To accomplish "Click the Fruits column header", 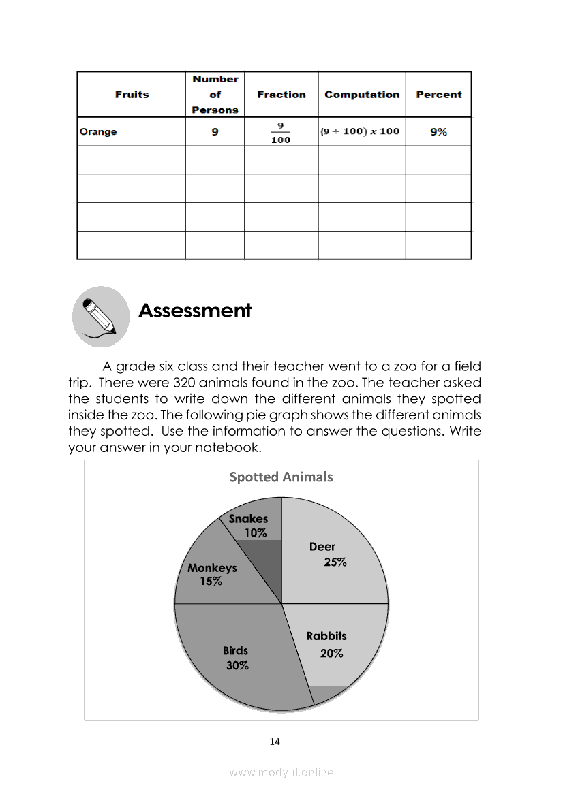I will pyautogui.click(x=132, y=95).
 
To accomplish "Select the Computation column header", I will pyautogui.click(x=362, y=95).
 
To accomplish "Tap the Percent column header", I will pyautogui.click(x=438, y=95).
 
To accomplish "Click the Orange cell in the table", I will pyautogui.click(x=98, y=132).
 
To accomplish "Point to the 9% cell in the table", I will pyautogui.click(x=438, y=132).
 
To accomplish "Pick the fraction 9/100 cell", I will pyautogui.click(x=281, y=132).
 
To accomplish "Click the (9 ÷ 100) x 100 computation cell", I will pyautogui.click(x=361, y=131).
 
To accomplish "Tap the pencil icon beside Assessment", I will pyautogui.click(x=100, y=315).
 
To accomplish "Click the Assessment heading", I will pyautogui.click(x=195, y=311).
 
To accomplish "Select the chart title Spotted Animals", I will pyautogui.click(x=281, y=477).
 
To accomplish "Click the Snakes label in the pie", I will pyautogui.click(x=248, y=519).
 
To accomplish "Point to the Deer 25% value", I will pyautogui.click(x=335, y=562).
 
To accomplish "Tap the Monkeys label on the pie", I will pyautogui.click(x=212, y=568).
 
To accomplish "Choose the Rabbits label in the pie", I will pyautogui.click(x=326, y=636).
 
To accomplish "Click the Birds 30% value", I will pyautogui.click(x=237, y=666).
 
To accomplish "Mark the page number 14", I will pyautogui.click(x=275, y=742).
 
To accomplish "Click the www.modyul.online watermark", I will pyautogui.click(x=281, y=772).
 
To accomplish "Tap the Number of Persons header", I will pyautogui.click(x=215, y=95).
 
